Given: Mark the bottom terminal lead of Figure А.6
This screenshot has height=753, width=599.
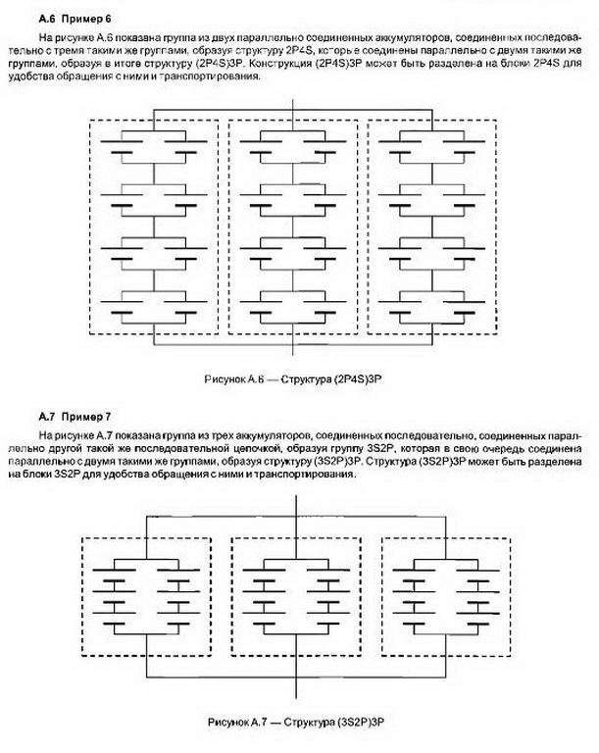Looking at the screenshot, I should [295, 350].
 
